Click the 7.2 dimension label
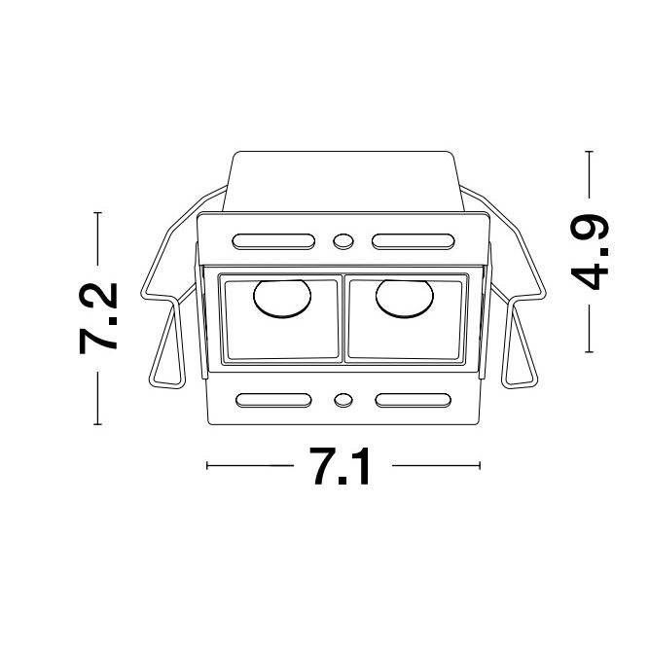[x=98, y=318]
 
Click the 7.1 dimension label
[x=342, y=466]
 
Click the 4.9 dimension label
[x=589, y=252]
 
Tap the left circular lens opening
[x=282, y=299]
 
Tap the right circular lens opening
[x=405, y=299]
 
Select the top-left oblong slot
[x=273, y=241]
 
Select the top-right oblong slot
[x=414, y=241]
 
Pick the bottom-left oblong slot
[x=273, y=400]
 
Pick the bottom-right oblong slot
[x=414, y=400]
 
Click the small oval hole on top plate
[x=343, y=241]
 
